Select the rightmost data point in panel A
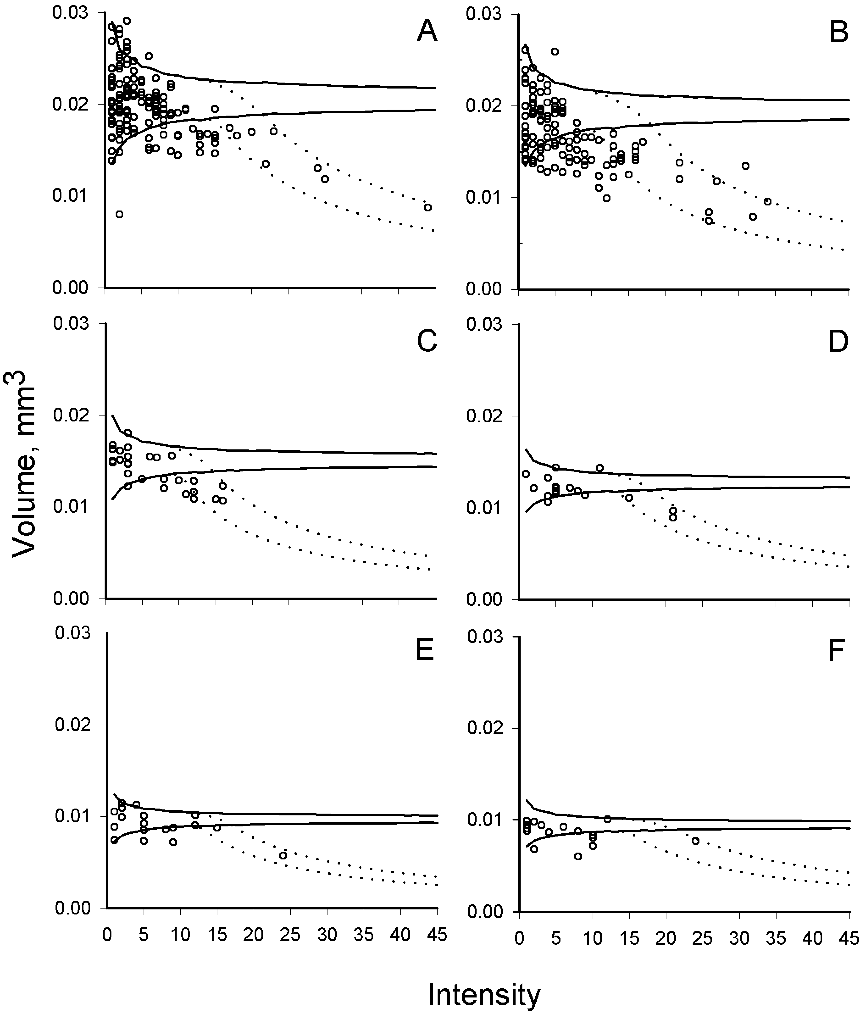pos(427,207)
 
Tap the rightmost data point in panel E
pos(283,855)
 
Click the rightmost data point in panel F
pos(695,840)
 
